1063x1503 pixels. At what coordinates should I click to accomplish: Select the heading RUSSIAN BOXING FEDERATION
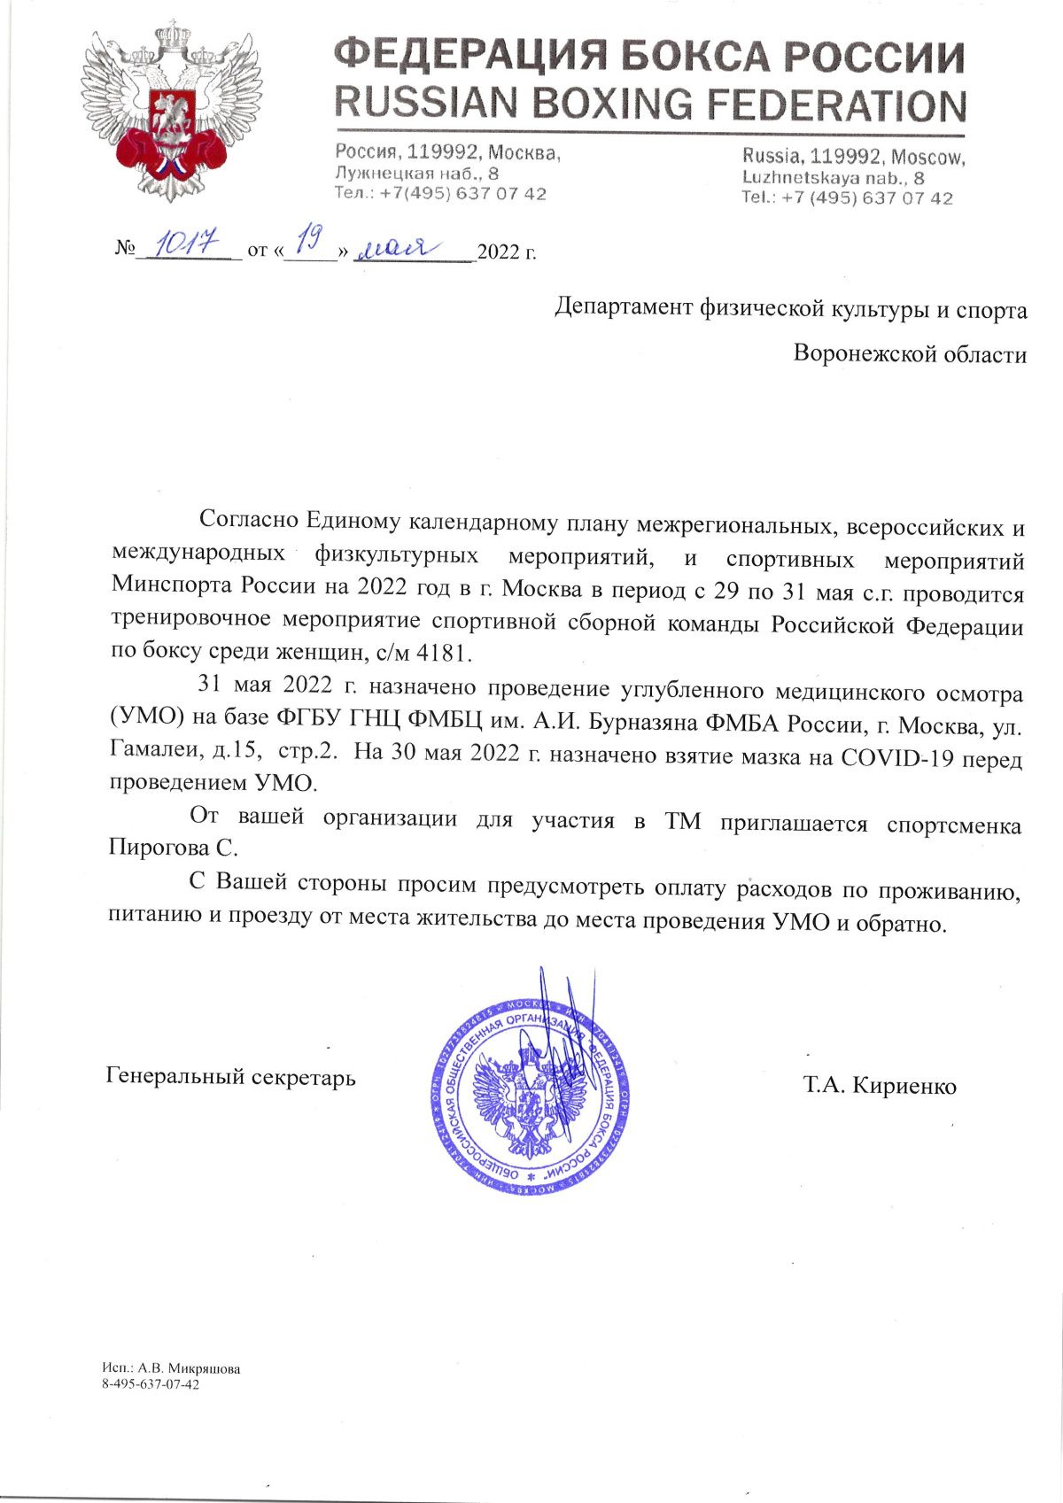point(649,105)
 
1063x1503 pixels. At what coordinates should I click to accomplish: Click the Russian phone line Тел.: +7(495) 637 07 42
point(440,194)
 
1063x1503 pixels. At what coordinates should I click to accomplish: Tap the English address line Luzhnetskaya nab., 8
point(834,178)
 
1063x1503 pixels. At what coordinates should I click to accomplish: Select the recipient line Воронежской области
point(910,355)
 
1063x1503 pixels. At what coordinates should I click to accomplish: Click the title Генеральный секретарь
point(230,1077)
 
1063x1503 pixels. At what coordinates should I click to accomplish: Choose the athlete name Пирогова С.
point(174,848)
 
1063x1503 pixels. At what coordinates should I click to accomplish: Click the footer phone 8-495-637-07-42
point(151,1383)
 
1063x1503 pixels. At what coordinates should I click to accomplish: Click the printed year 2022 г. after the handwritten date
point(507,252)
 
